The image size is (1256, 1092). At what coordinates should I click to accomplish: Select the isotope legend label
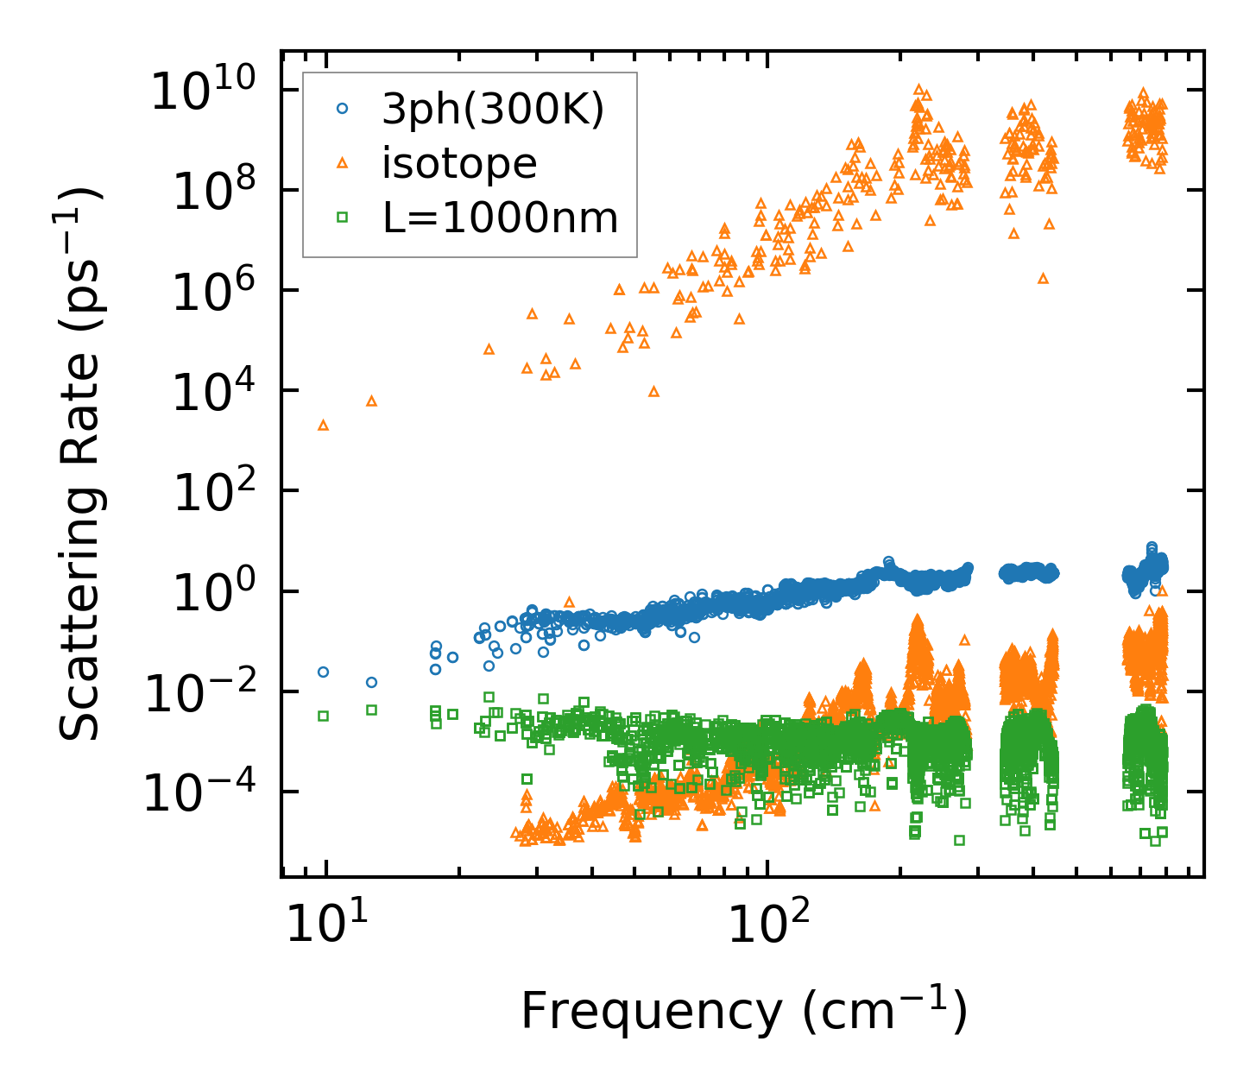point(459,163)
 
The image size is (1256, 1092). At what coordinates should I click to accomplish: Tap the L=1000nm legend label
point(501,218)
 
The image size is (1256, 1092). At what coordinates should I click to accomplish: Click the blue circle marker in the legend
point(343,109)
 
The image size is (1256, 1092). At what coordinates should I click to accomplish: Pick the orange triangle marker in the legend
point(343,162)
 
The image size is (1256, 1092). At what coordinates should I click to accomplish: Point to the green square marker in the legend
point(343,218)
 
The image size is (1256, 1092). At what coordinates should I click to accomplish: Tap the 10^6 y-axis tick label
point(211,291)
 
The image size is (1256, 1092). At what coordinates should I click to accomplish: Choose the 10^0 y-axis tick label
point(211,592)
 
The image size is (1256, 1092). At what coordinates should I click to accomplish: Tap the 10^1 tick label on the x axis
point(324,926)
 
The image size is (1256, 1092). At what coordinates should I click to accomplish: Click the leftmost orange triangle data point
point(323,425)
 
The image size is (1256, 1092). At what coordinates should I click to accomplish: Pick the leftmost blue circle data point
point(323,672)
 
